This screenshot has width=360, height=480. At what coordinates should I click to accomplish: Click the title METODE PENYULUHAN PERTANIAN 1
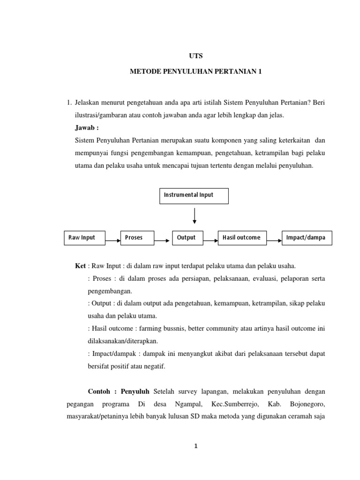click(x=195, y=72)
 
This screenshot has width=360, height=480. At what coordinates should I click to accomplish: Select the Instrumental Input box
click(x=195, y=196)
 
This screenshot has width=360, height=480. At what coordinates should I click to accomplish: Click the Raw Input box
click(x=85, y=238)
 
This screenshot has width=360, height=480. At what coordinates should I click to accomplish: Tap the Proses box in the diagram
click(x=137, y=238)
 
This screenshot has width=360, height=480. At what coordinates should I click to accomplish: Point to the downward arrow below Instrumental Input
click(x=195, y=216)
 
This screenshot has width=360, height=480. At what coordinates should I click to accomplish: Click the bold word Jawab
click(x=87, y=127)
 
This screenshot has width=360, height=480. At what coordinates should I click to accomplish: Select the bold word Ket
click(x=80, y=266)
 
